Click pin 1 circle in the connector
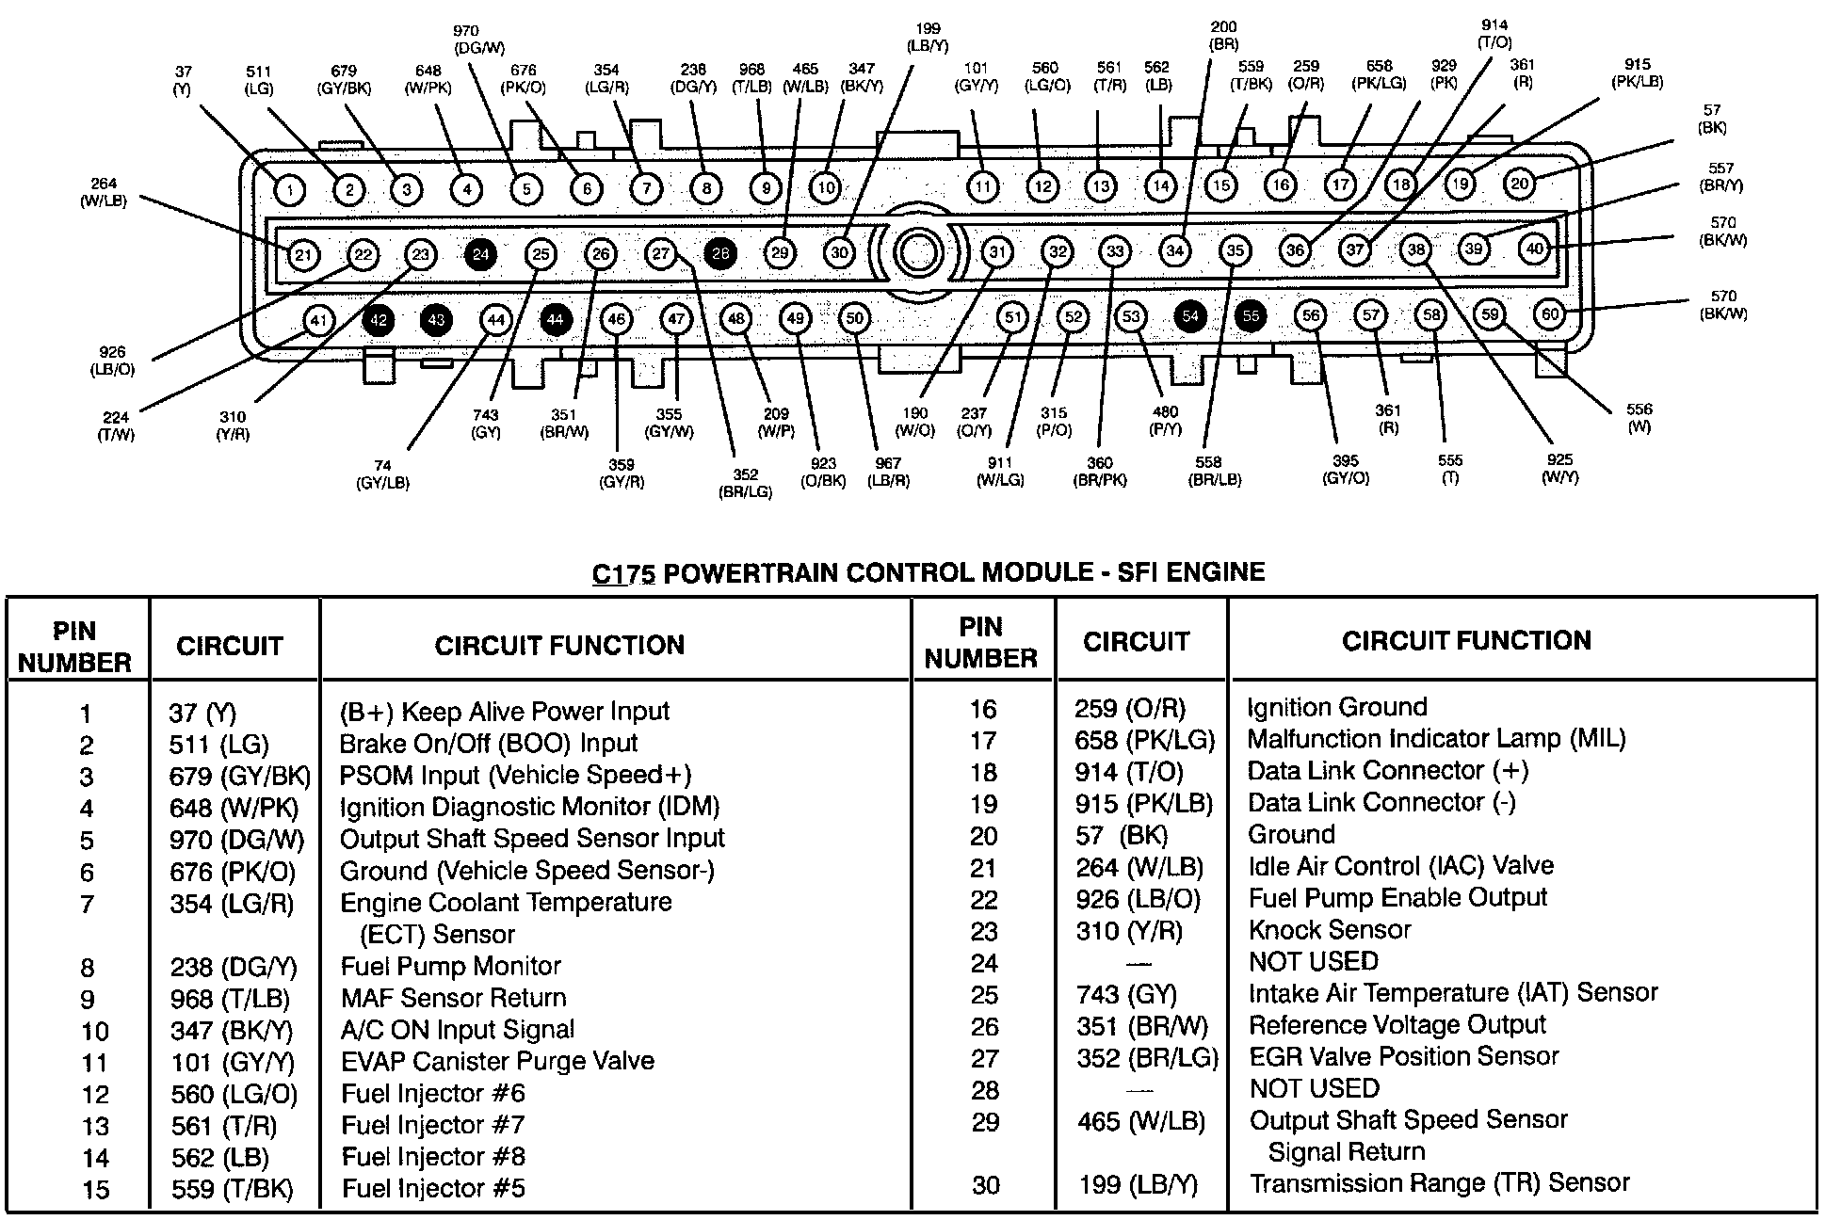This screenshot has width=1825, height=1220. coord(290,191)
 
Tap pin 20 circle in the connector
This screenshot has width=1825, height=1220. coord(1520,184)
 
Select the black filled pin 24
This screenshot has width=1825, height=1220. coord(481,254)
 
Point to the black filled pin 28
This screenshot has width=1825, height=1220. coord(721,253)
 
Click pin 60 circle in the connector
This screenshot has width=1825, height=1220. coord(1550,313)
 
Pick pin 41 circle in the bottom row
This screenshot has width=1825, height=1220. coord(318,321)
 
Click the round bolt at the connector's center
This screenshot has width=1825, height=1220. coord(916,252)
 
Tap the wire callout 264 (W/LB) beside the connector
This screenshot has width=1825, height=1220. coord(104,192)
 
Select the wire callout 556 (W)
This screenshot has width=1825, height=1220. coord(1639,418)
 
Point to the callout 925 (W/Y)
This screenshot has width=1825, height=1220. coord(1559,468)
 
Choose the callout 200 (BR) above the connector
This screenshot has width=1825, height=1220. coord(1223,36)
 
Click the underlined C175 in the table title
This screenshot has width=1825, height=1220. coord(622,573)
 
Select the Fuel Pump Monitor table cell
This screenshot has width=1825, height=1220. coord(450,966)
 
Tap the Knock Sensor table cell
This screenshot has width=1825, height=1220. coord(1330,930)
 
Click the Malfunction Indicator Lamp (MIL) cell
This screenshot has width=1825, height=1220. coord(1436,739)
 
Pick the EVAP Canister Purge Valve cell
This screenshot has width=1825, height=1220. coord(497,1061)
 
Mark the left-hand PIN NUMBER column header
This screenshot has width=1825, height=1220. coord(74,647)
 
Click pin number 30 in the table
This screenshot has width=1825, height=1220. coord(985,1184)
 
